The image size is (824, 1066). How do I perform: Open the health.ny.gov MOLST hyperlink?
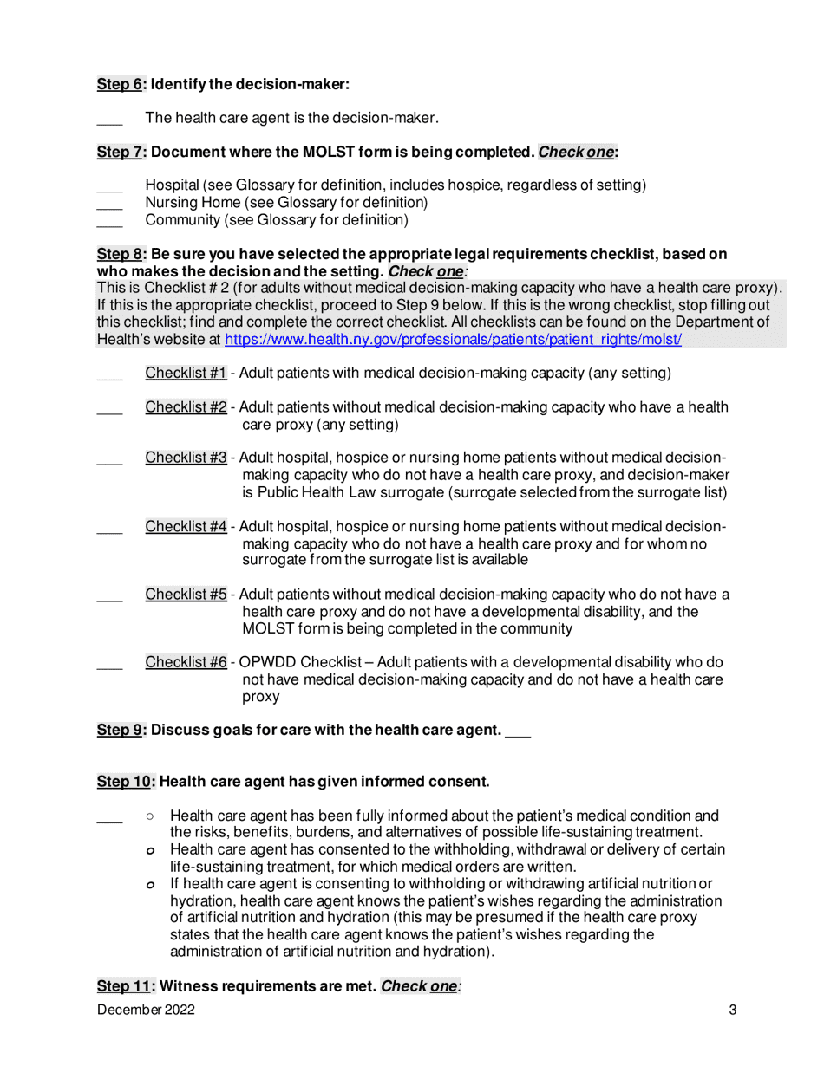point(453,340)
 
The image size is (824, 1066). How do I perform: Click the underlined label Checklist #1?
point(186,374)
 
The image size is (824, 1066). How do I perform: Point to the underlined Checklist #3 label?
point(186,458)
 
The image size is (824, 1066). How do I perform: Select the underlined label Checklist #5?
point(186,595)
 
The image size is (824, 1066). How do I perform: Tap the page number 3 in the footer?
point(733,1010)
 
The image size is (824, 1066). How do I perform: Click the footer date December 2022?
point(146,1010)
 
